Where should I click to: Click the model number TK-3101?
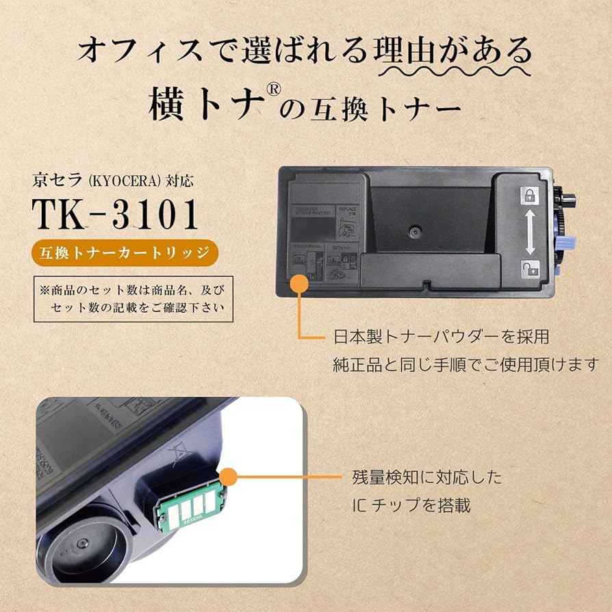116,214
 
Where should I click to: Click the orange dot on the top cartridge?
299,284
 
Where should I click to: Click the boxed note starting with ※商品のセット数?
133,298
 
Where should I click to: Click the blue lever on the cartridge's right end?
568,241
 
